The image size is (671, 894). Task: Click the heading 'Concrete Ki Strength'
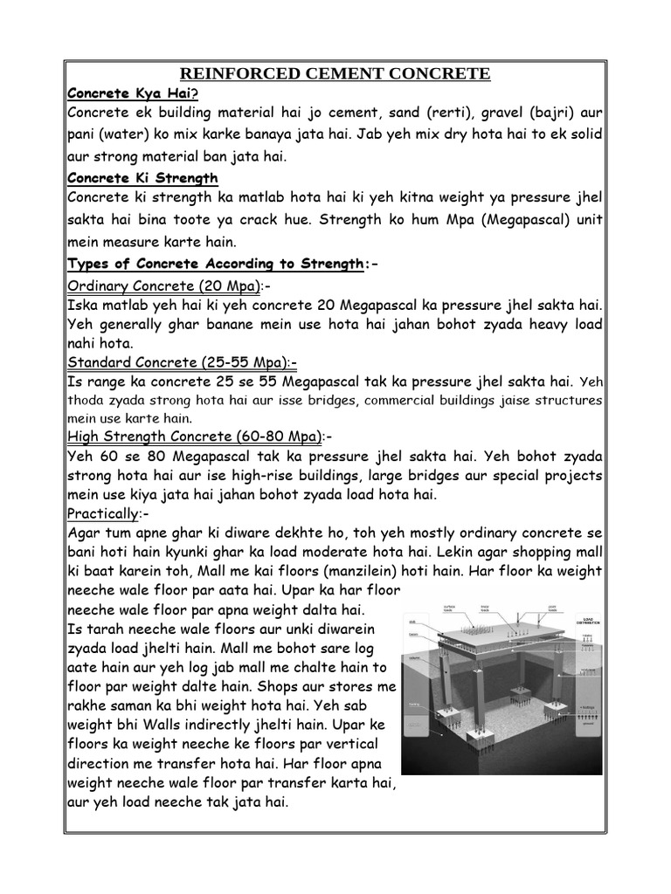pos(142,178)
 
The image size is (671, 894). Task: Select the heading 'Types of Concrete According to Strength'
pos(214,264)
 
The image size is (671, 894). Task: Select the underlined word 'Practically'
pos(103,513)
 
